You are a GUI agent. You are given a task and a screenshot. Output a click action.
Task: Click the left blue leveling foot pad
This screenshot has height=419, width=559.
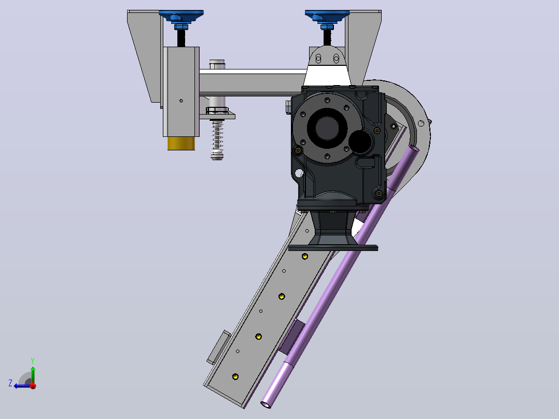pos(181,14)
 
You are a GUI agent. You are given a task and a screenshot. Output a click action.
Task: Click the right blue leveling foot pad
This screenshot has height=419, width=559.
pos(327,14)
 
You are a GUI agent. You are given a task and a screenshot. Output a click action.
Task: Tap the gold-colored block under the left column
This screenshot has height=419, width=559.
pos(181,143)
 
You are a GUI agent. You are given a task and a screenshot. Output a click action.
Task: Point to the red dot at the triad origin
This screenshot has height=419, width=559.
pos(33,385)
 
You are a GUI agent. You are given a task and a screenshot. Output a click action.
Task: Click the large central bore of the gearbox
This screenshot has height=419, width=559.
pos(327,128)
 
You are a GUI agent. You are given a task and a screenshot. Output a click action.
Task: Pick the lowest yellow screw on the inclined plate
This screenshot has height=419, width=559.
pos(235,376)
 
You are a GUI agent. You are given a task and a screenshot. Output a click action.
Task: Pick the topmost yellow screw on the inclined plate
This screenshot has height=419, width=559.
pos(305,256)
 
